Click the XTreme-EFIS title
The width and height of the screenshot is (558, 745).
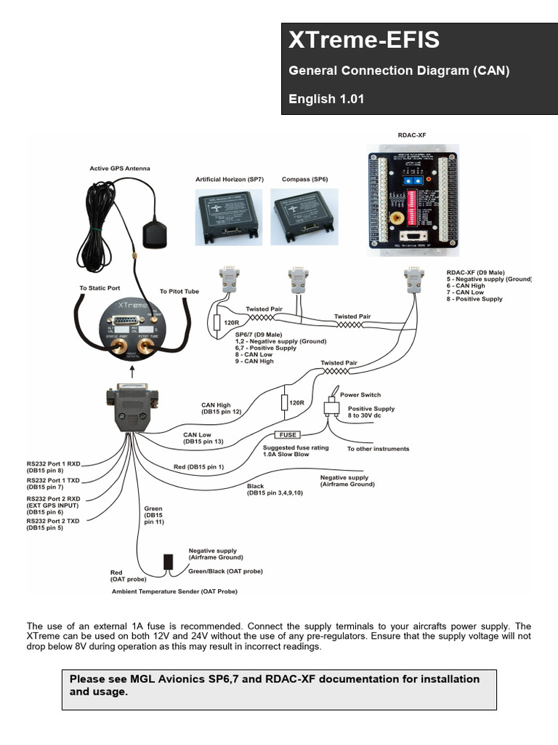[364, 41]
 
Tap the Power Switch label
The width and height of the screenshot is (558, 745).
[360, 395]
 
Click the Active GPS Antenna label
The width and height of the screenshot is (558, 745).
[120, 169]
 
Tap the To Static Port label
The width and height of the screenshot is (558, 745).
[100, 288]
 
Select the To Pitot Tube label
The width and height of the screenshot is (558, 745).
[179, 291]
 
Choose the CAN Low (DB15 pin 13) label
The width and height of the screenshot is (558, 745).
[203, 438]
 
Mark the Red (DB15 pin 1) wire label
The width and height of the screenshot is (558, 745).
[198, 466]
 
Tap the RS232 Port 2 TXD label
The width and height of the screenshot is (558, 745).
[53, 524]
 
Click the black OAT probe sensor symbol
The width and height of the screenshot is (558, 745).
[168, 561]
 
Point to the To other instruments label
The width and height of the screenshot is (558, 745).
[378, 449]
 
